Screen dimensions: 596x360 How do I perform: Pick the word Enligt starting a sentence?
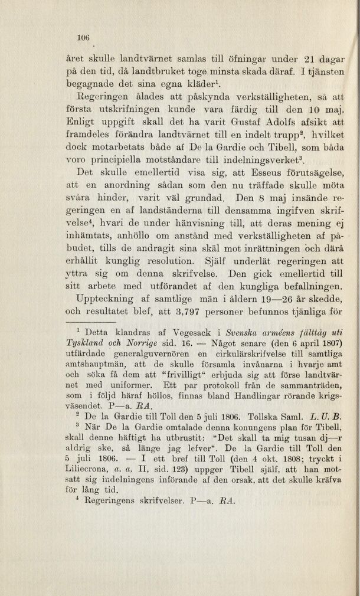pyautogui.click(x=81, y=121)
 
